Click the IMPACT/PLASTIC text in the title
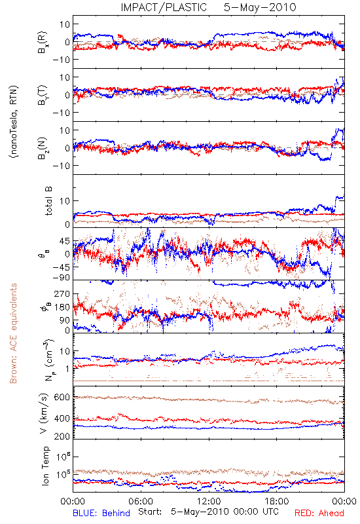pyautogui.click(x=164, y=7)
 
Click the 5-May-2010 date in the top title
pyautogui.click(x=260, y=7)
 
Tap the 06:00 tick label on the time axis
pyautogui.click(x=141, y=501)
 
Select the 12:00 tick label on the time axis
pyautogui.click(x=209, y=501)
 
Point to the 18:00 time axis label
pyautogui.click(x=277, y=501)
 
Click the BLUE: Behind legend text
pyautogui.click(x=101, y=513)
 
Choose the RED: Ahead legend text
pyautogui.click(x=319, y=513)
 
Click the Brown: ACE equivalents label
pyautogui.click(x=13, y=333)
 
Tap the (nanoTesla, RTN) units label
pyautogui.click(x=14, y=122)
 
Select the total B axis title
pyautogui.click(x=48, y=201)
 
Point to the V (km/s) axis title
pyautogui.click(x=44, y=413)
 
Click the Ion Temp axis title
pyautogui.click(x=45, y=466)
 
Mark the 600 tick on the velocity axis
pyautogui.click(x=62, y=398)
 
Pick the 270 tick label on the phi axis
pyautogui.click(x=62, y=293)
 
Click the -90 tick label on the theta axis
pyautogui.click(x=61, y=277)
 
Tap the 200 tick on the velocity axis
pyautogui.click(x=62, y=436)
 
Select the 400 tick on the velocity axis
pyautogui.click(x=62, y=418)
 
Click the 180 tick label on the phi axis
pyautogui.click(x=62, y=307)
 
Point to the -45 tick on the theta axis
pyautogui.click(x=61, y=267)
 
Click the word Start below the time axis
pyautogui.click(x=150, y=512)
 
